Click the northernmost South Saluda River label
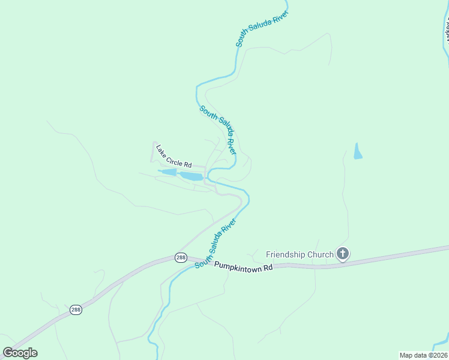262,28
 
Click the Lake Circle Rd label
173,156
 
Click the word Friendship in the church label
291,254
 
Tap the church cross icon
343,254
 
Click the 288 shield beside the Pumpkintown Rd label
181,257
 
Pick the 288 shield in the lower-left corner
76,310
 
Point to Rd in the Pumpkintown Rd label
267,267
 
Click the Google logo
20,352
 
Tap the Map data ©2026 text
423,355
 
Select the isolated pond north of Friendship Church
358,151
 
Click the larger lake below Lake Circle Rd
191,176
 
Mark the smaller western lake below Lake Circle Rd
168,173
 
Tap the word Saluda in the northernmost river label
264,26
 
